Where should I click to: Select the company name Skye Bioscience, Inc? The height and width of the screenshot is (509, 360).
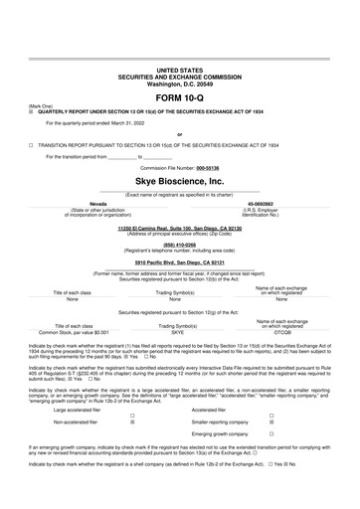[x=179, y=182]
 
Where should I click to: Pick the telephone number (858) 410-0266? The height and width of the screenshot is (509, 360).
[x=179, y=244]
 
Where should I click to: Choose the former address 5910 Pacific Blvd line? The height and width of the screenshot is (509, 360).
[x=179, y=261]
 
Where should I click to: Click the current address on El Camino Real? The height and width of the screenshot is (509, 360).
[x=179, y=228]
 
